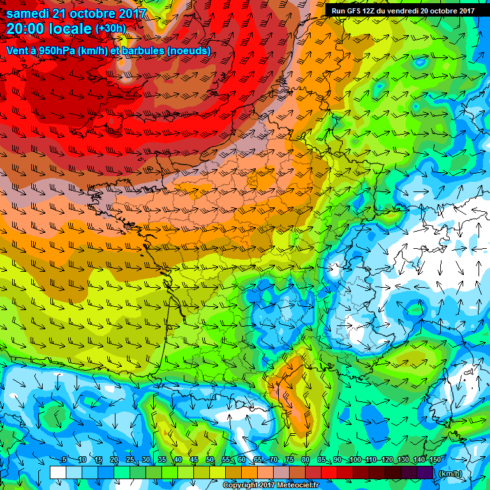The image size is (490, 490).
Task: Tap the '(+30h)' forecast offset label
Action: (x=110, y=29)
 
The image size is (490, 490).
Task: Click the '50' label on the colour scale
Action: (x=210, y=459)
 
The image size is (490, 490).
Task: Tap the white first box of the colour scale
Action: (x=57, y=472)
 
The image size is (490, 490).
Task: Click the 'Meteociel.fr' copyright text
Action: (x=295, y=486)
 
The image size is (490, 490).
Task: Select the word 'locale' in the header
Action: (x=68, y=29)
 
